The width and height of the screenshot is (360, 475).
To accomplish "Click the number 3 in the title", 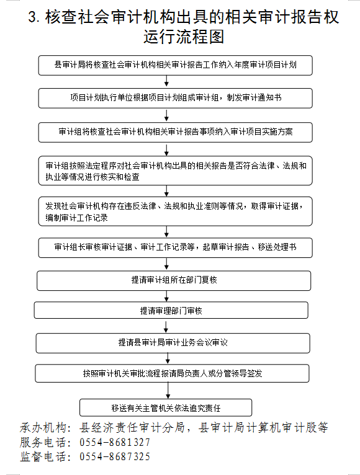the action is [x=33, y=17].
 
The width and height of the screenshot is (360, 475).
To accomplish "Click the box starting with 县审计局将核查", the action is [x=175, y=65].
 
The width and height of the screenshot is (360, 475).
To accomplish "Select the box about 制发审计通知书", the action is [x=175, y=98].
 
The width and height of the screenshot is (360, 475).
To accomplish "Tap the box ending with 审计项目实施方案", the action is [x=175, y=132].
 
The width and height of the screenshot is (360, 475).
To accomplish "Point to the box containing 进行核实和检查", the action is [x=175, y=171].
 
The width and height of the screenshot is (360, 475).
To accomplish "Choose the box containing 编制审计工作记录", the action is [x=175, y=211].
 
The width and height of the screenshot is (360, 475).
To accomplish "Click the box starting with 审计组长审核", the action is [x=175, y=248].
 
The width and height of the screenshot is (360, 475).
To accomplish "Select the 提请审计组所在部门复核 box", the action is [x=174, y=280].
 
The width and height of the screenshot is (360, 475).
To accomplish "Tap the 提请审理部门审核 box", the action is [x=171, y=310].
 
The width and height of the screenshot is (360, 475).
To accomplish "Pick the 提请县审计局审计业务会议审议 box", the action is [x=173, y=343].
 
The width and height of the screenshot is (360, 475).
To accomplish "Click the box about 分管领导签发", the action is [x=173, y=373].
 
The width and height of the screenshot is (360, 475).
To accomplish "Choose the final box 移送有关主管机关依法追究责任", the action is [x=166, y=408].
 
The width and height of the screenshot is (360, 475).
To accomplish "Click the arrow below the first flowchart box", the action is [x=166, y=81].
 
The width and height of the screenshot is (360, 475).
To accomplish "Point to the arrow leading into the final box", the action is [x=168, y=391].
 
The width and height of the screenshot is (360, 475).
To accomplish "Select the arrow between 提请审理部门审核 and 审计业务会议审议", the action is [x=166, y=326].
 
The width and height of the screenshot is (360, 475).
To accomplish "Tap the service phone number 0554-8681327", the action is [x=115, y=443].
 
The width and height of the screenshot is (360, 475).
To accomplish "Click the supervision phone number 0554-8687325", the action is [x=115, y=456].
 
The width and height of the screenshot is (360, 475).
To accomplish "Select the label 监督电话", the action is [x=43, y=456].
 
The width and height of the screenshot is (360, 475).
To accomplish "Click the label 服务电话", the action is [x=43, y=443].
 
